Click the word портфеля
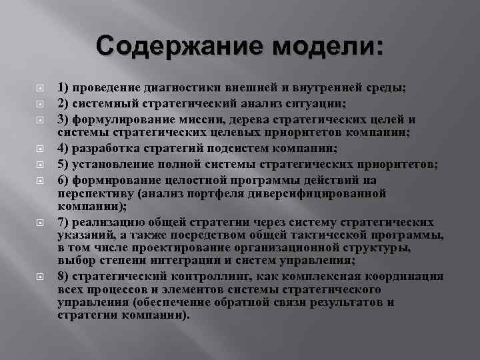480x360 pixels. click(x=212, y=195)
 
